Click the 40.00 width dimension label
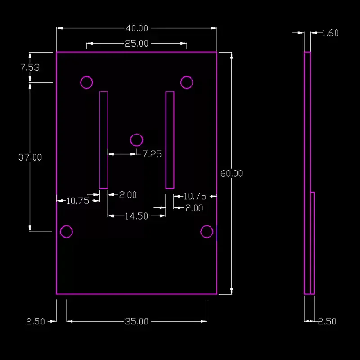point(137,28)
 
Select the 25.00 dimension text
point(137,44)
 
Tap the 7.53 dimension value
point(30,67)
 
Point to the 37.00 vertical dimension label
point(30,157)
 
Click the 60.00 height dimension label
point(231,174)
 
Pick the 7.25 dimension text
point(152,154)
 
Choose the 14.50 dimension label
point(136,216)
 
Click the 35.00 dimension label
point(137,321)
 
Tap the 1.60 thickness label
point(330,33)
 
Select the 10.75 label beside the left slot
point(77,201)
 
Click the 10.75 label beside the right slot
point(195,196)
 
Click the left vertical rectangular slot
point(99,140)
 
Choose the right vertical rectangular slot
point(166,140)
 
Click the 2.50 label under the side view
point(328,321)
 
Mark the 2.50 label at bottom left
point(36,321)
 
